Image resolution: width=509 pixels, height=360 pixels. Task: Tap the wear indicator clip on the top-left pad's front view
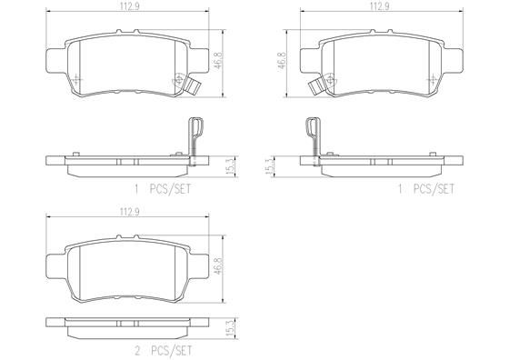[192, 87]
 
